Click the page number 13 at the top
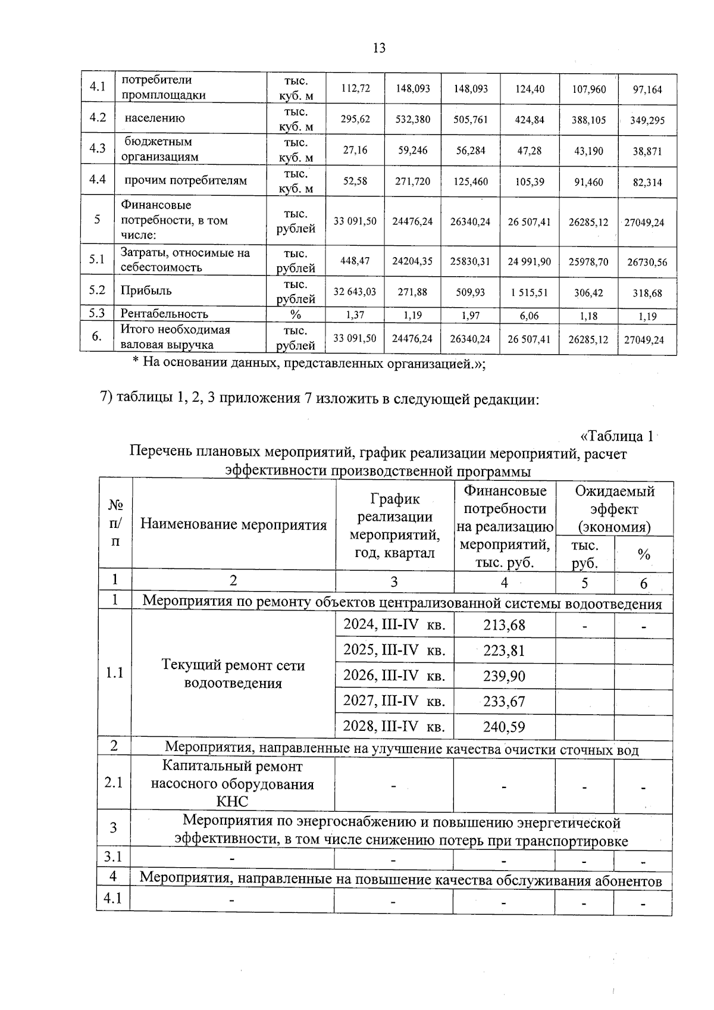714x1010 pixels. point(379,48)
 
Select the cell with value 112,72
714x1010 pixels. point(355,88)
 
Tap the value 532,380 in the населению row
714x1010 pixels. point(413,119)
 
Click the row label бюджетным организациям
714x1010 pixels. point(159,149)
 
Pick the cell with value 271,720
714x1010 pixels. point(413,182)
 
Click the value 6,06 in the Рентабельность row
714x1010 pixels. point(529,316)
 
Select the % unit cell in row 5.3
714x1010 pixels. point(295,314)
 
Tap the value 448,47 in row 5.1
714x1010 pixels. point(355,261)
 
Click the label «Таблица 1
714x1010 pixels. point(617,436)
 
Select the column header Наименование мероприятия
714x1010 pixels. point(233,524)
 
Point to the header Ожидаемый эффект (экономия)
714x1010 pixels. point(614,509)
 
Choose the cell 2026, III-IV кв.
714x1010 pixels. point(394,676)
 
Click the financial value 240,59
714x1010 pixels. point(504,727)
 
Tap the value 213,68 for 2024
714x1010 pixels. point(504,625)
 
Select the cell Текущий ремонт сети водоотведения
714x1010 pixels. point(233,674)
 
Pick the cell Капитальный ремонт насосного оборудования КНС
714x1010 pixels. point(232,784)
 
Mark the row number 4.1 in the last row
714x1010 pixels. point(112,899)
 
